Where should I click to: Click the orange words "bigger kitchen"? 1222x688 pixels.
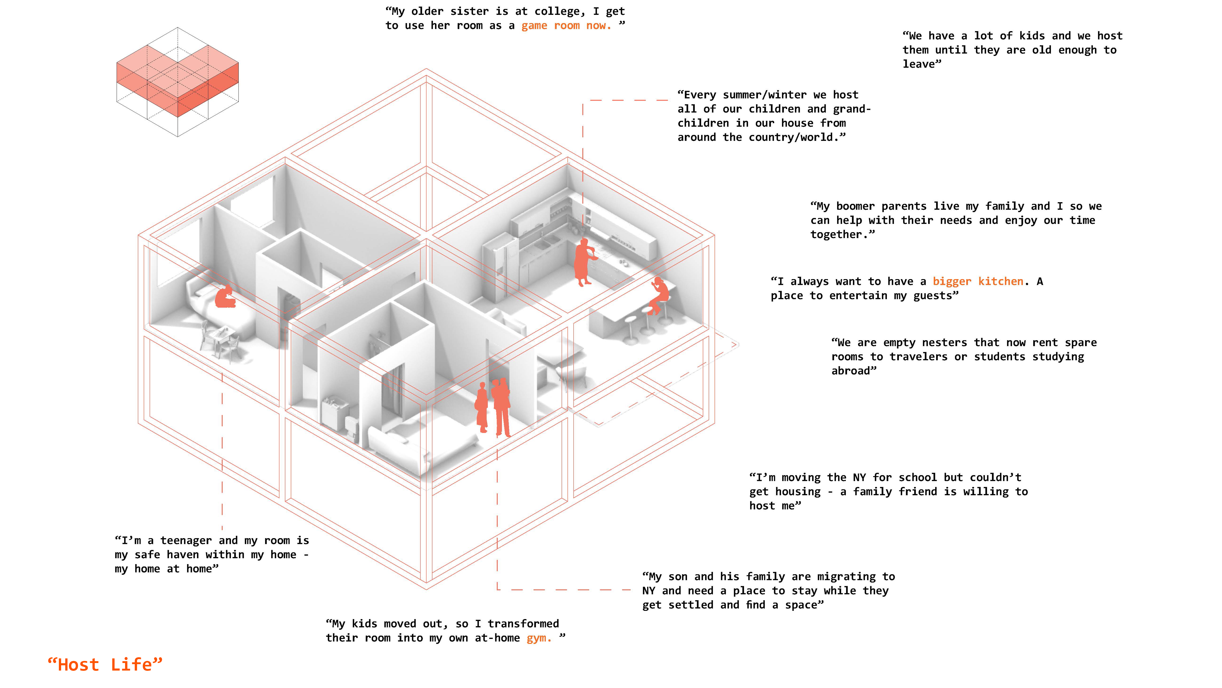tap(978, 282)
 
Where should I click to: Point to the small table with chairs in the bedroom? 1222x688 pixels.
tap(221, 339)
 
